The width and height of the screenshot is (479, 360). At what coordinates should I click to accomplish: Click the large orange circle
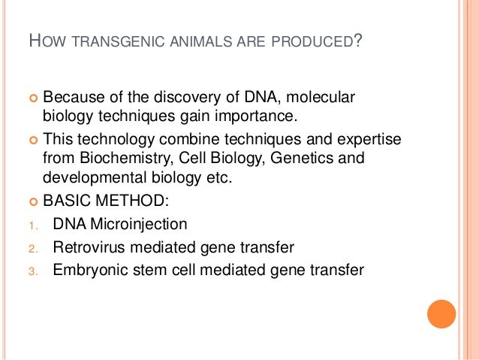tap(441, 314)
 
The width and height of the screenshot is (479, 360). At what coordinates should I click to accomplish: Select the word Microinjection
tap(140, 224)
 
